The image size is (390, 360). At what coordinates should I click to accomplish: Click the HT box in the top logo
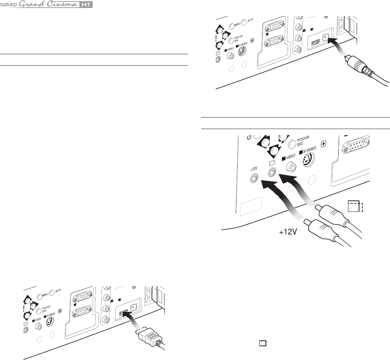point(86,5)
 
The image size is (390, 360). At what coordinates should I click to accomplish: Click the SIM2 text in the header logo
point(9,5)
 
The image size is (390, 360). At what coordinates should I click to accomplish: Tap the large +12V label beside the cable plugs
point(288,232)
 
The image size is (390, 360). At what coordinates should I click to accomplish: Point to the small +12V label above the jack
point(254,169)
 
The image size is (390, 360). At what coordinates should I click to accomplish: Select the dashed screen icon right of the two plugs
point(355,207)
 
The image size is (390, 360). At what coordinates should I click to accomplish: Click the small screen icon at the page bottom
point(263,343)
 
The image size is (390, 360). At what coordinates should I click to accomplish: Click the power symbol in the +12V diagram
point(249,137)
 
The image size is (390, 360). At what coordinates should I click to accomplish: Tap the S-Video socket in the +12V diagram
point(308,159)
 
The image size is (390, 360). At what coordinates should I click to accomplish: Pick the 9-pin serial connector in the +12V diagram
point(356,144)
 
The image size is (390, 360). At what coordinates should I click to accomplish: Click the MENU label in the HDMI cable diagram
point(45,295)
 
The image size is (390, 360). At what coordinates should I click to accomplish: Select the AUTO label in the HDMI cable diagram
point(58,291)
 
